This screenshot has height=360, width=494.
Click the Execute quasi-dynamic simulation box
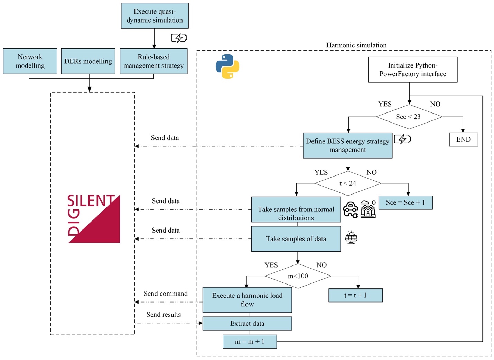155,16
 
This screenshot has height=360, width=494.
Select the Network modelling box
30,61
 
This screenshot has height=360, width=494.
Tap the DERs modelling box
88,61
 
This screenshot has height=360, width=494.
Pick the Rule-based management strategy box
153,61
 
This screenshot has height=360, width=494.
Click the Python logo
227,66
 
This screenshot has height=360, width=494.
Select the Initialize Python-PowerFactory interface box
412,70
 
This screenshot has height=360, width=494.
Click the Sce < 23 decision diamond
409,117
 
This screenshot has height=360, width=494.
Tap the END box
463,139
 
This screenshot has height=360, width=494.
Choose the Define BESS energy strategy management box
347,146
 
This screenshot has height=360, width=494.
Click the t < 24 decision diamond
348,183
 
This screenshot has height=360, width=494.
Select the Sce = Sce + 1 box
405,203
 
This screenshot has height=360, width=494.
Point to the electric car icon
351,210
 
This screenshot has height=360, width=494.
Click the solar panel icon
351,238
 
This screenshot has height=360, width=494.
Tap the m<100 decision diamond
298,276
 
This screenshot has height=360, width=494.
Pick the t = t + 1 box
355,295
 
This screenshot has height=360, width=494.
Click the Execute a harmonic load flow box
247,300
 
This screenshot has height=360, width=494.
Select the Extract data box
247,324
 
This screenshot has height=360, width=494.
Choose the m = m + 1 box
250,342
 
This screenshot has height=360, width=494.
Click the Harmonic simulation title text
356,45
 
